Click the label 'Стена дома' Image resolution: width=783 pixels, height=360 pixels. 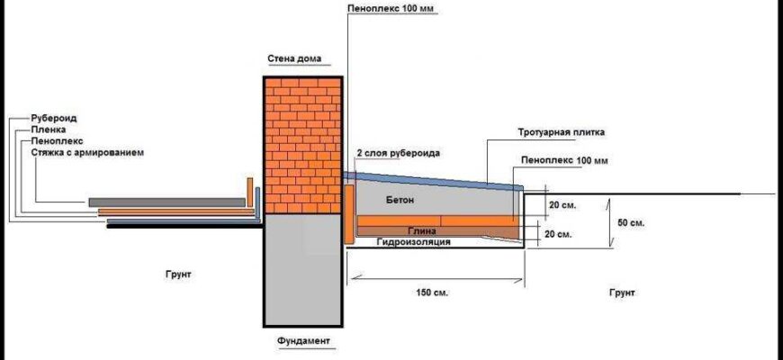point(293,59)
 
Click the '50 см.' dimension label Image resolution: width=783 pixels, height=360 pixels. point(630,220)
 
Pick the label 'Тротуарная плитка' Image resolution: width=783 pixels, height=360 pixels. point(561,132)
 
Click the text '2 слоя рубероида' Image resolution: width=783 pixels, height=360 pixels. point(399,154)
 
